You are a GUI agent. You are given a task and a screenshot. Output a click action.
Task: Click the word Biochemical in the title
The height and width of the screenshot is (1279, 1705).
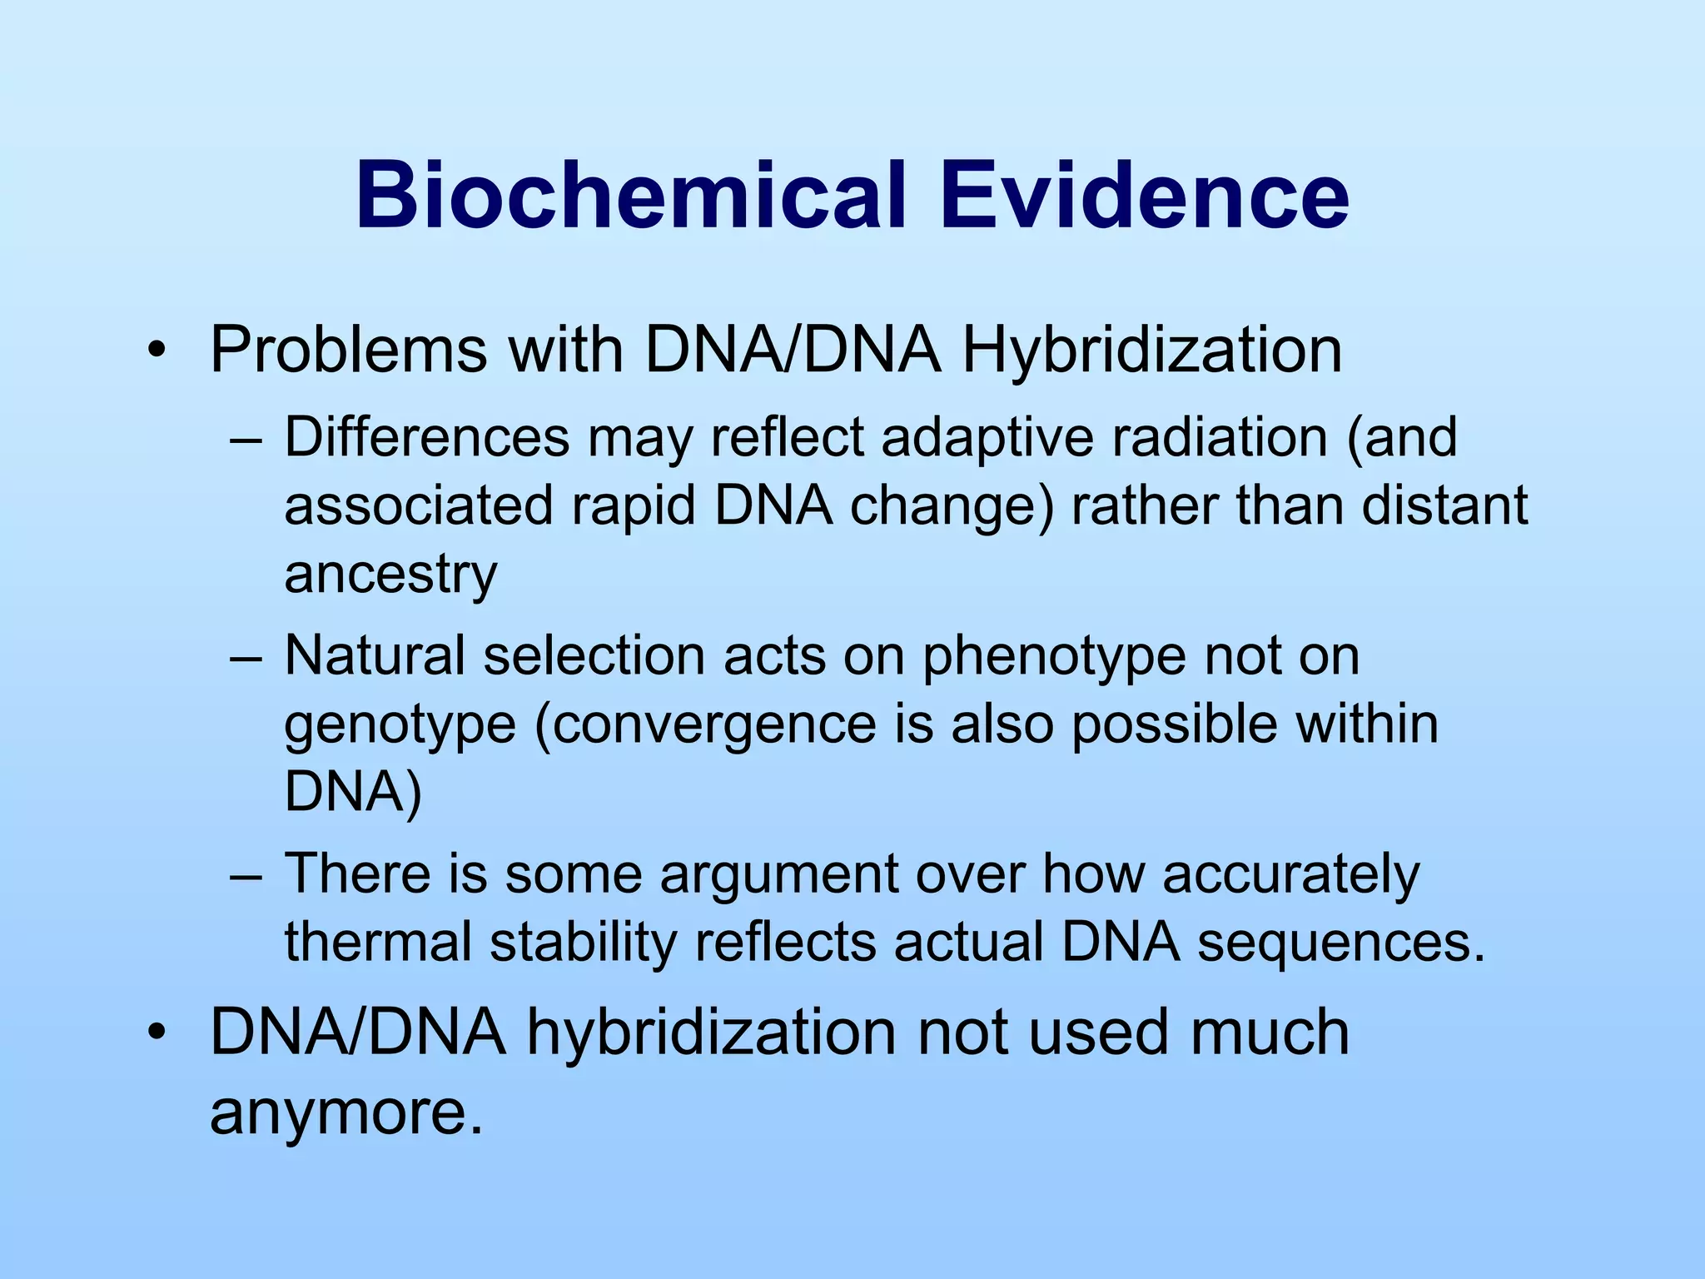[629, 197]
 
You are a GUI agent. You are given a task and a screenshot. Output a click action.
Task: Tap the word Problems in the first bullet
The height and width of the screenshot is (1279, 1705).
[348, 350]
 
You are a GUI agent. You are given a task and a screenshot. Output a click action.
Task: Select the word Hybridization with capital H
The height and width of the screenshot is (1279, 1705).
[1151, 351]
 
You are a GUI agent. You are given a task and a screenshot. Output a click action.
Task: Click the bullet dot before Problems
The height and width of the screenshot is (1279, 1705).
[155, 351]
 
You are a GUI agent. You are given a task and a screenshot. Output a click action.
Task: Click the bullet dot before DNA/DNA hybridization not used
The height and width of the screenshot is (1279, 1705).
[155, 1033]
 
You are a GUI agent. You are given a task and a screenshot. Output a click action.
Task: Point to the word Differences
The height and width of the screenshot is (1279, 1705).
[427, 437]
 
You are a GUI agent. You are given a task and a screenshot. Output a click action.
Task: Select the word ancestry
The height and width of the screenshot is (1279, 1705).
[390, 575]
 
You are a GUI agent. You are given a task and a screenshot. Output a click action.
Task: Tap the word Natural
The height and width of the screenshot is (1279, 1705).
[375, 655]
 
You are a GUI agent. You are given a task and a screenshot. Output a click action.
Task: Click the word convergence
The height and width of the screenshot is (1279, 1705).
[713, 725]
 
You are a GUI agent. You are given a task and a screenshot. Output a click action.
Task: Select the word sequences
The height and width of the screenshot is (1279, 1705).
[1341, 943]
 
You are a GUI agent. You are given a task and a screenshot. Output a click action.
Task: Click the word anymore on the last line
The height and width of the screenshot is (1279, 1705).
[346, 1113]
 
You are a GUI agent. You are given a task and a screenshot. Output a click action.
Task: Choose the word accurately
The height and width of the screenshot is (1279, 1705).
[1290, 875]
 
